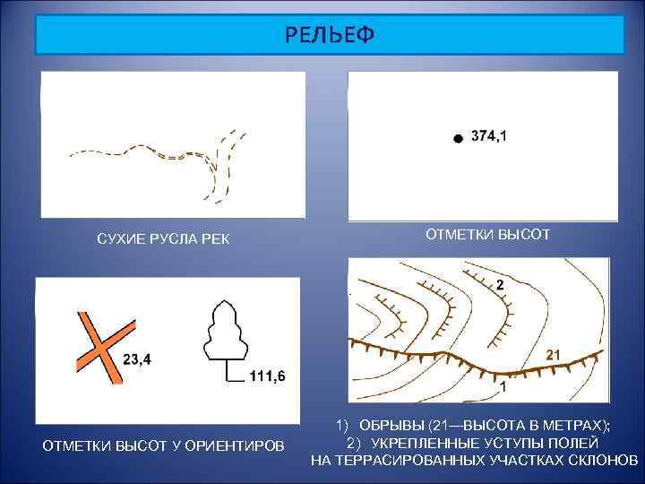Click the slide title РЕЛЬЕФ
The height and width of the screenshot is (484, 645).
click(x=330, y=35)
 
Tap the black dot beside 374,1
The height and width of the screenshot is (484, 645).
click(x=457, y=139)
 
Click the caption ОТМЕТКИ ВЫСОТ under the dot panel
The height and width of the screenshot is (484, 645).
click(x=487, y=235)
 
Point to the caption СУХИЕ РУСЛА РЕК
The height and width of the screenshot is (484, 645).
click(x=163, y=239)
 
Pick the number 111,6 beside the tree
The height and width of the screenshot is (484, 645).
click(x=267, y=376)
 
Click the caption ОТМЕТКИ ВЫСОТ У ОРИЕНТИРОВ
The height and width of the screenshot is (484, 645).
click(x=163, y=445)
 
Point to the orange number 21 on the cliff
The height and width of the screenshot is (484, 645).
click(x=553, y=355)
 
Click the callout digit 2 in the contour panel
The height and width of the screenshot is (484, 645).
click(x=500, y=284)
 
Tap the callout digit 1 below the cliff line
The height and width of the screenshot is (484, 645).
click(x=503, y=388)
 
